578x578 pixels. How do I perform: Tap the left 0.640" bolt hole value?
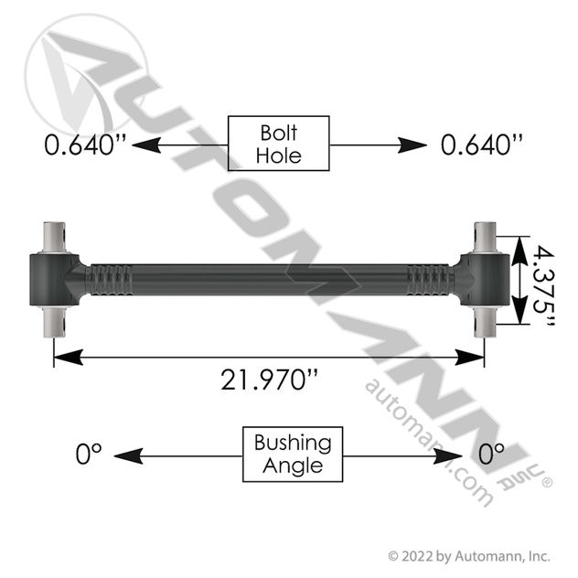(85, 144)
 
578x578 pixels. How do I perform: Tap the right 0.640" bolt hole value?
(482, 144)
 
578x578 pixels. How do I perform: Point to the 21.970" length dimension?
(269, 380)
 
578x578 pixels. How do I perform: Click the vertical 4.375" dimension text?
(544, 286)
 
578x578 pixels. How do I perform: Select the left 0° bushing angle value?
(89, 454)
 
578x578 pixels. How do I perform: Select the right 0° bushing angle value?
(491, 454)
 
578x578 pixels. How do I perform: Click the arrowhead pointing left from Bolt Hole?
(146, 144)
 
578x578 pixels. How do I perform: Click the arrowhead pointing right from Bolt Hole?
(412, 144)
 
